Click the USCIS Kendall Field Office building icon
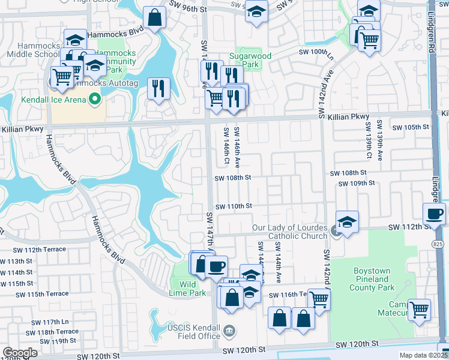(x=229, y=331)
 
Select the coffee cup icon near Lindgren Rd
(x=434, y=213)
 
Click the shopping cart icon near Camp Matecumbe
(x=419, y=309)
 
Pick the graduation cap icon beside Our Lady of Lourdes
(x=347, y=221)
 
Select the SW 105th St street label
(x=411, y=127)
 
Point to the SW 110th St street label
(x=233, y=206)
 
